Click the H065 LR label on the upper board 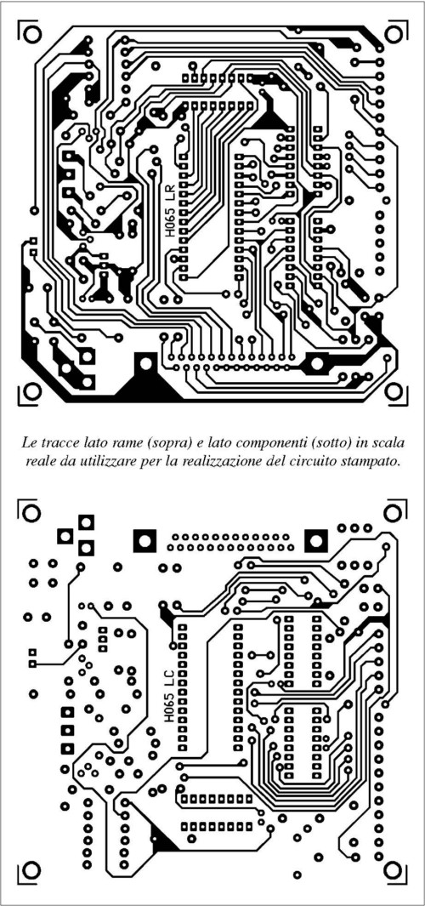pyautogui.click(x=169, y=210)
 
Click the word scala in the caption pyautogui.click(x=390, y=444)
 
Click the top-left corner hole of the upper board pyautogui.click(x=32, y=33)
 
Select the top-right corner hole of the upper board pyautogui.click(x=394, y=33)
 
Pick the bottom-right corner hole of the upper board pyautogui.click(x=394, y=391)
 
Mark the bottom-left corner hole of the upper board pyautogui.click(x=32, y=391)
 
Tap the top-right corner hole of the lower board pyautogui.click(x=394, y=512)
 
